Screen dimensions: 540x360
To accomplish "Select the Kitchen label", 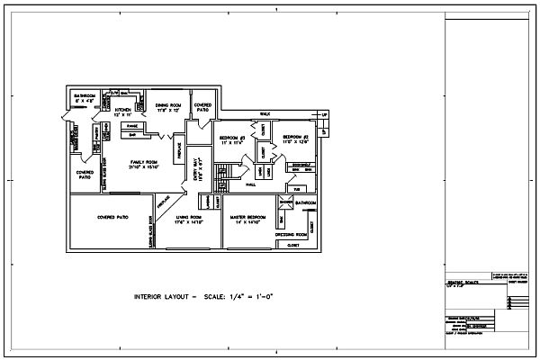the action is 123,112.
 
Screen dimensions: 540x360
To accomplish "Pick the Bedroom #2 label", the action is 296,138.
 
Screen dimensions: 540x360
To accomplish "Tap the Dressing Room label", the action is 292,234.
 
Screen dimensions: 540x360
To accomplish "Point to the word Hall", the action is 251,184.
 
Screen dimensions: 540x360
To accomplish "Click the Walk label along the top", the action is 265,113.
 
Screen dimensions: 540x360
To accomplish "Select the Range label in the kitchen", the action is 131,127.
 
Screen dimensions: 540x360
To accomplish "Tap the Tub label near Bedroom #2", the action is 296,189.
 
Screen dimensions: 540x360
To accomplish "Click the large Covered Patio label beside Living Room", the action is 112,218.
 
